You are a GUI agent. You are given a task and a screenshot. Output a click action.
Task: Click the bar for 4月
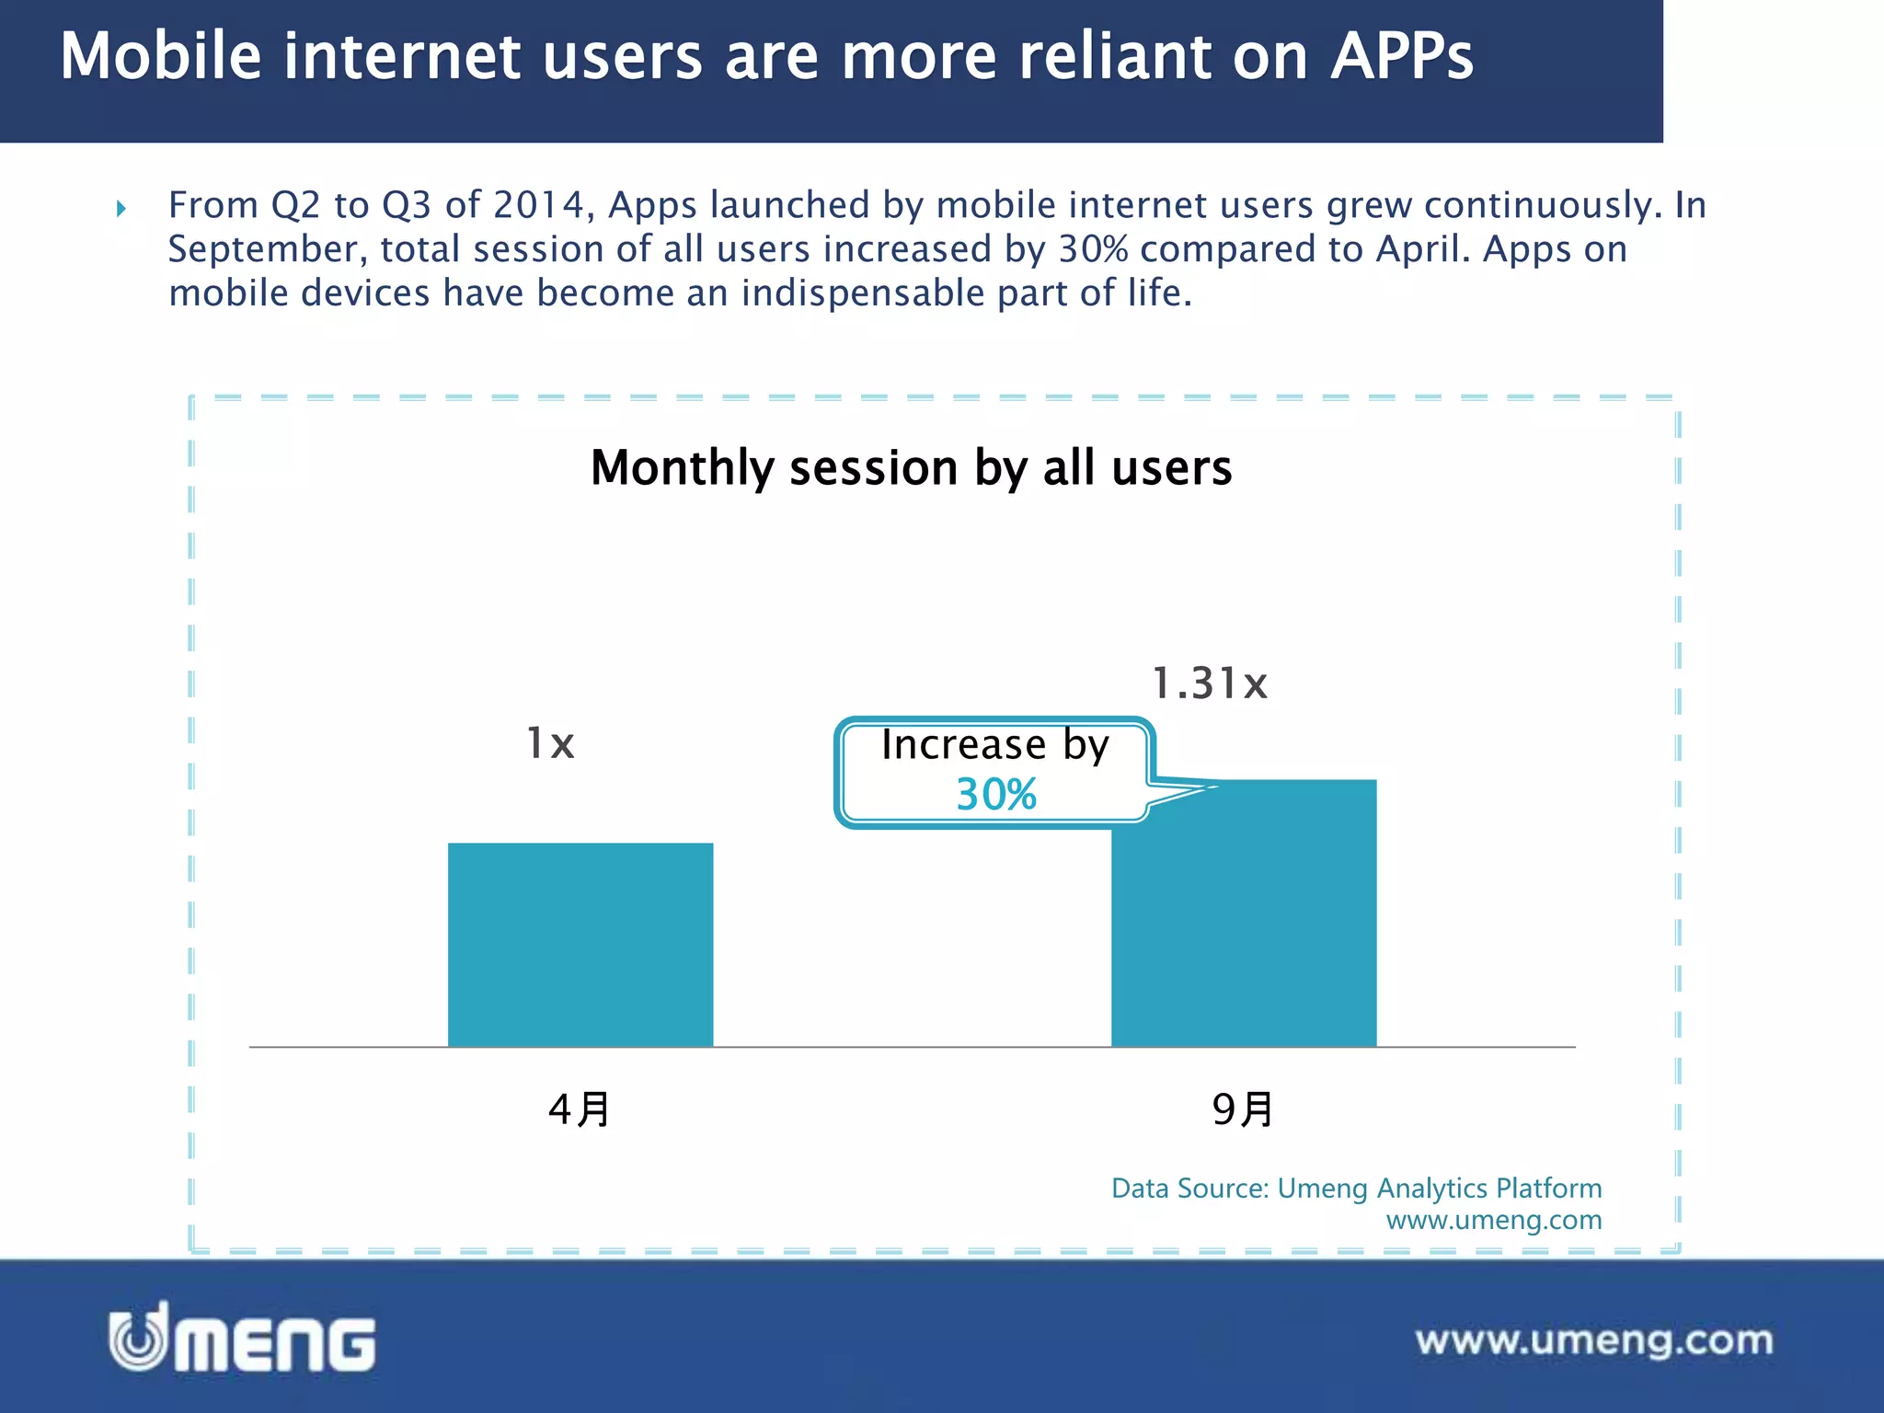(580, 944)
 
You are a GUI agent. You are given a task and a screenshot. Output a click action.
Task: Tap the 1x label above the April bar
(550, 742)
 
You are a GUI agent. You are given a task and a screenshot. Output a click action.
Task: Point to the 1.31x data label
(1210, 684)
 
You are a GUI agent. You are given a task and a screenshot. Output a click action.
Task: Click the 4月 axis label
(579, 1109)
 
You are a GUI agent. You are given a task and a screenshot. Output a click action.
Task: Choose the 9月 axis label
(1243, 1109)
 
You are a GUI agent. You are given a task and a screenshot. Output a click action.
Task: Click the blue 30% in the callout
(996, 795)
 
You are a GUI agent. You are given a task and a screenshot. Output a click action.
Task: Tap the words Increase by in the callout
(995, 745)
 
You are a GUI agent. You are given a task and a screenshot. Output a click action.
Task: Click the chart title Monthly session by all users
(911, 467)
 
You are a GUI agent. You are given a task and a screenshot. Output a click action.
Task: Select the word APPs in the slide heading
(1402, 57)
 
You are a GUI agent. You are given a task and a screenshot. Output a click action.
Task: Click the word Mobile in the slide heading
(161, 57)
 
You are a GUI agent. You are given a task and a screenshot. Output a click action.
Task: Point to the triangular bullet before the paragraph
(121, 209)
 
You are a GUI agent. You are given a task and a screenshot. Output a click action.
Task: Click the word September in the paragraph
(267, 249)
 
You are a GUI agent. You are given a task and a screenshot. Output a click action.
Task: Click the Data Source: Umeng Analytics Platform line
(1356, 1188)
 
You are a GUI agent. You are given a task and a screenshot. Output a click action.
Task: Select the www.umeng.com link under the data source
(1494, 1220)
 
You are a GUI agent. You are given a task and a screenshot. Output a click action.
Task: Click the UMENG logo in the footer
(243, 1338)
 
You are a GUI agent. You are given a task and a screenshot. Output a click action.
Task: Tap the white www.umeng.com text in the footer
(1594, 1340)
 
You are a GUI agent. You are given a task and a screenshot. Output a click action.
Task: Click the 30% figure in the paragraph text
(1093, 249)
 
